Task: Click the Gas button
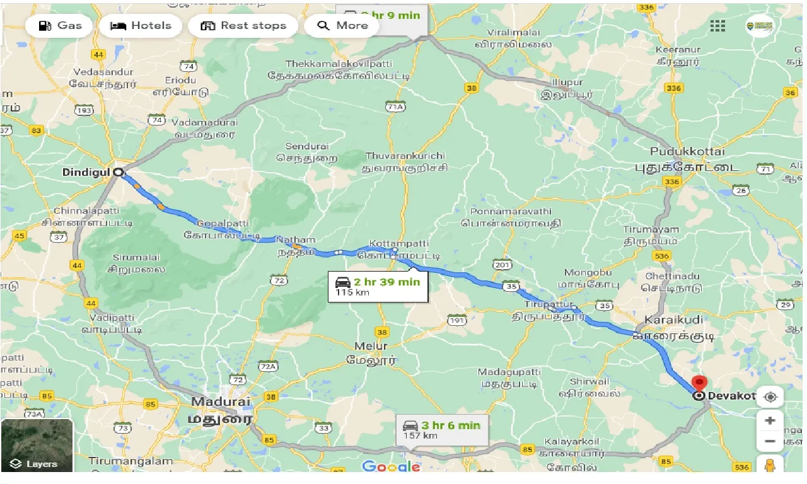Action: (61, 26)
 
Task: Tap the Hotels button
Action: (141, 26)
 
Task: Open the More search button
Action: (342, 26)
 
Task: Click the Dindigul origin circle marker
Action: (118, 172)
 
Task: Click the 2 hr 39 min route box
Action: (378, 287)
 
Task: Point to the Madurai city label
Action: (221, 401)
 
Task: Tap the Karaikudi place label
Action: (673, 320)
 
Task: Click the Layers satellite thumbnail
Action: (37, 445)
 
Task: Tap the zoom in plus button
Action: (769, 420)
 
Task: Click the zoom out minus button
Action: (769, 441)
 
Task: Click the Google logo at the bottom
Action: (391, 466)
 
